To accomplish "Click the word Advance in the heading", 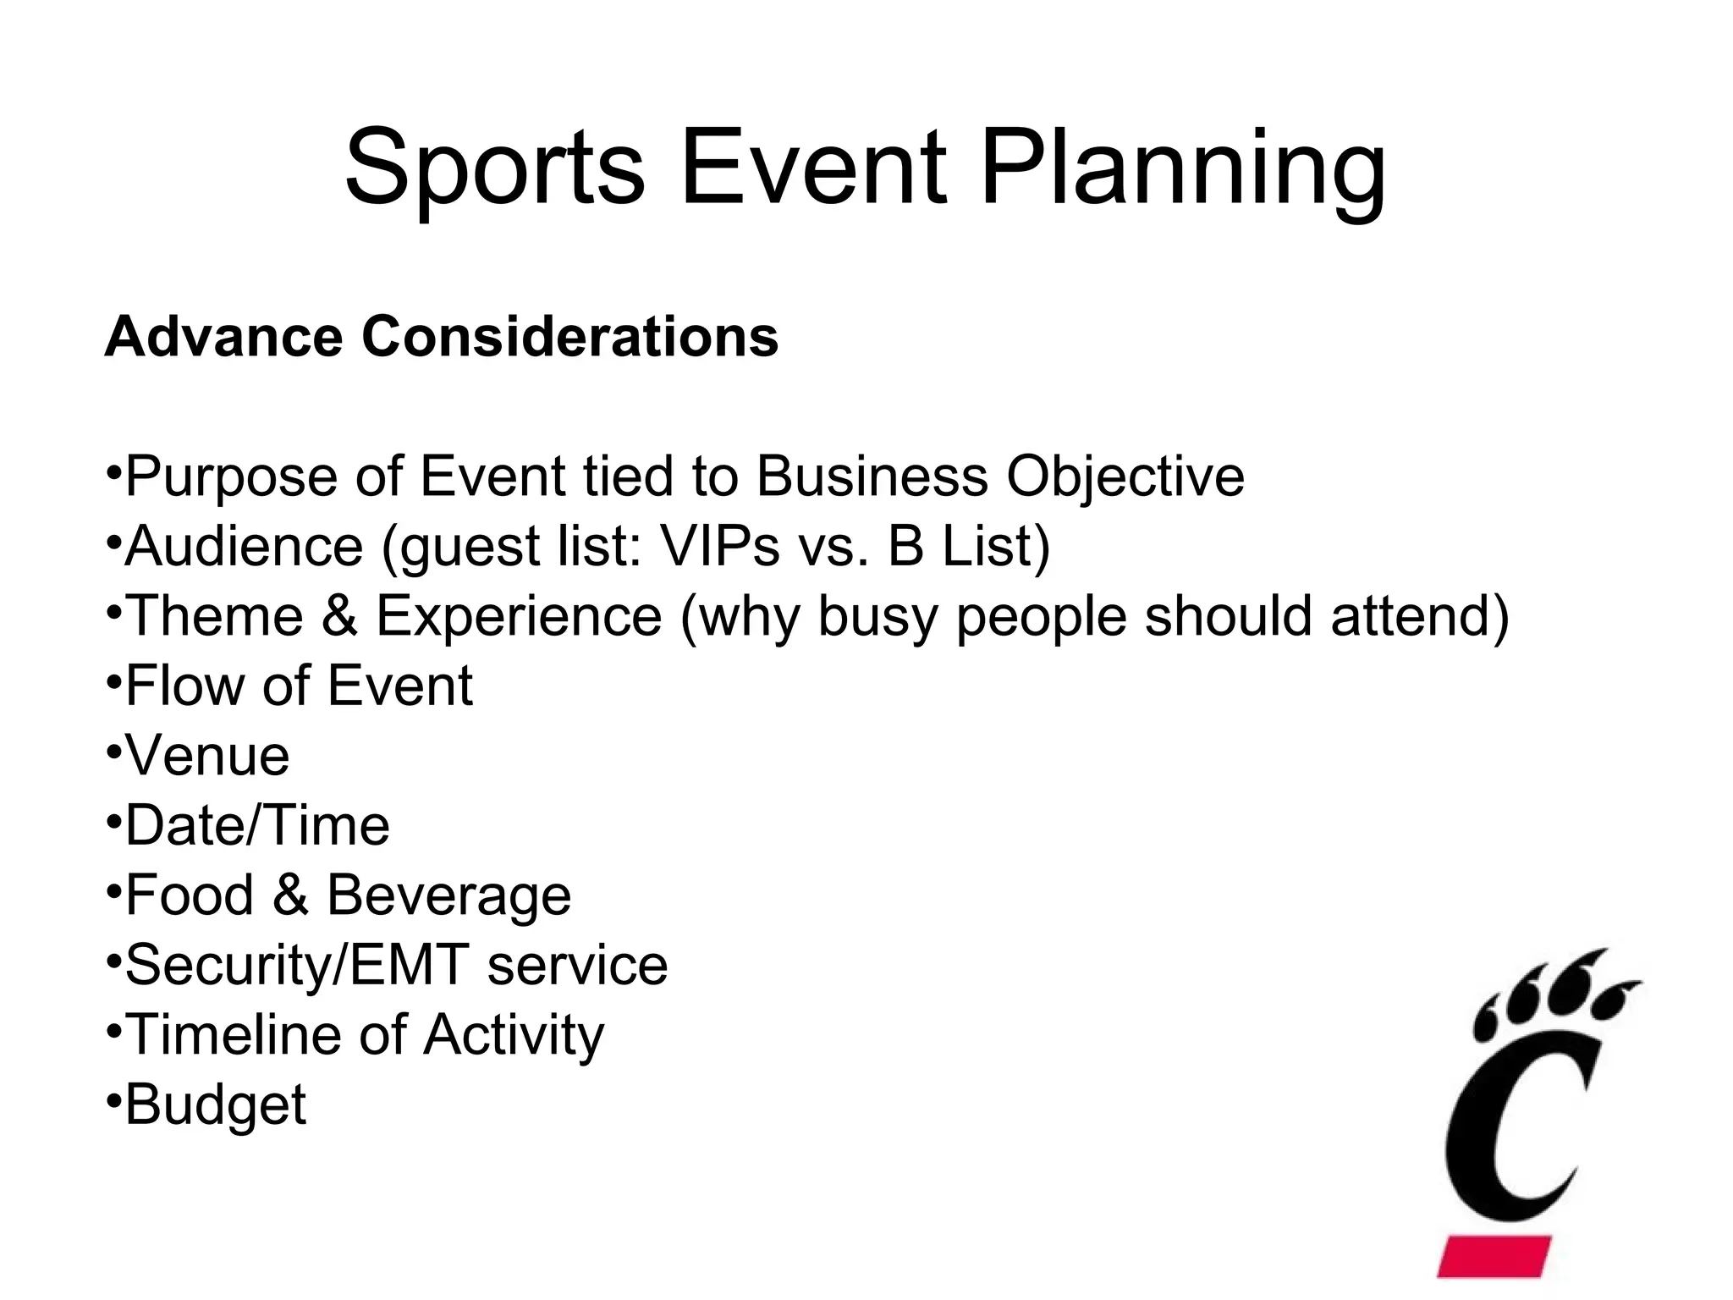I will coord(225,337).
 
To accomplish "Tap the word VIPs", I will coord(719,546).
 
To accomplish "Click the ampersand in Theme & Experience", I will coord(338,616).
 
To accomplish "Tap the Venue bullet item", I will coord(207,756).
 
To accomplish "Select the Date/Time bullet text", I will coord(257,825).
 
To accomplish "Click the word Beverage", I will coord(448,895).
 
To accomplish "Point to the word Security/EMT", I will coord(296,966).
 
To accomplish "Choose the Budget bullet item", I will coord(215,1105).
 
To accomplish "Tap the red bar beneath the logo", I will coord(1494,1255).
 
